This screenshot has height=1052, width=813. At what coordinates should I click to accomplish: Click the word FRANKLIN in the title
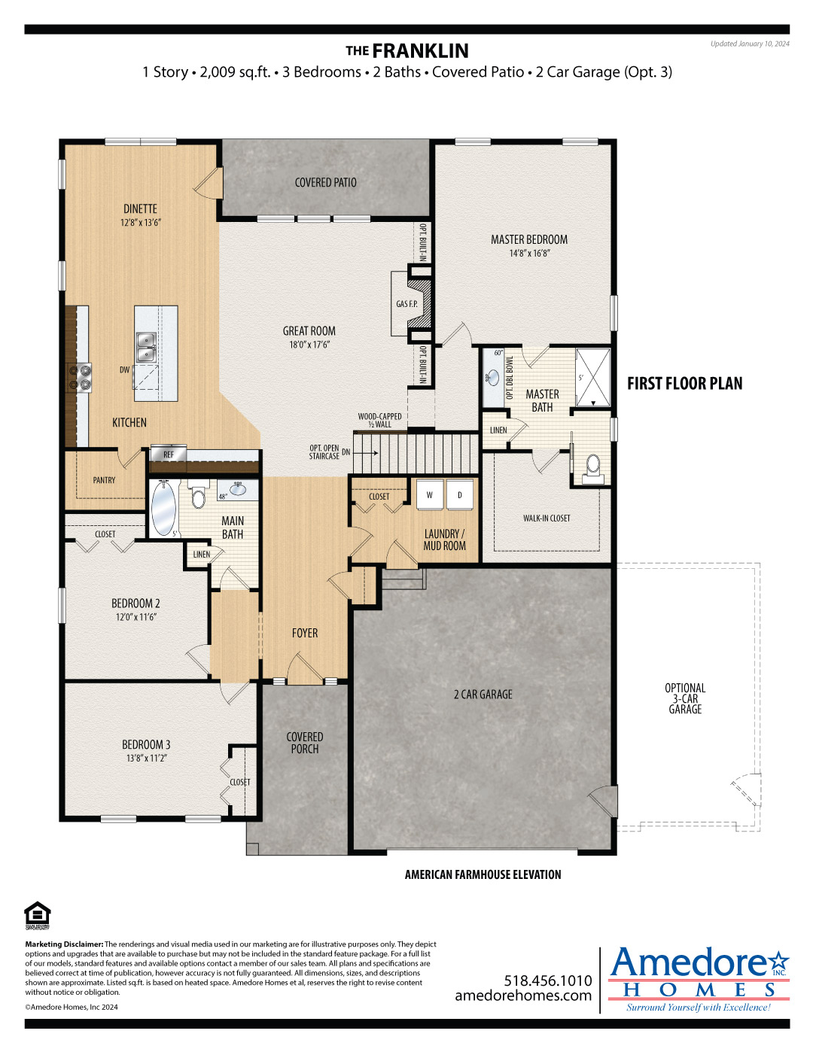click(420, 51)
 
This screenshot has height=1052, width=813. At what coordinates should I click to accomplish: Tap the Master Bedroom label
click(529, 240)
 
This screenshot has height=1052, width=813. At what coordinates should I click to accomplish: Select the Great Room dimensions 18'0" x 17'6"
click(309, 345)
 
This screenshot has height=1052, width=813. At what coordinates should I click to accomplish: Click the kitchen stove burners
click(80, 377)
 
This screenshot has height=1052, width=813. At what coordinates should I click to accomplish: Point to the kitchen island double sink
click(146, 347)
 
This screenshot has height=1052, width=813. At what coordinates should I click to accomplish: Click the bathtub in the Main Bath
click(163, 509)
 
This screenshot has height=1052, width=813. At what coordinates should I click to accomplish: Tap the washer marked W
click(430, 494)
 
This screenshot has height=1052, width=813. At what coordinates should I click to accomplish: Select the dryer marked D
click(460, 494)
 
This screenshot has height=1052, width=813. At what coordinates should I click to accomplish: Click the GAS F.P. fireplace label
click(406, 304)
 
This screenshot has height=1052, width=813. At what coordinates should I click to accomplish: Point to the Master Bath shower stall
click(593, 378)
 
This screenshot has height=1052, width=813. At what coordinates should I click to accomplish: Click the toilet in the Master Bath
click(593, 467)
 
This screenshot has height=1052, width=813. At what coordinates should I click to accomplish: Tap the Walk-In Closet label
click(547, 518)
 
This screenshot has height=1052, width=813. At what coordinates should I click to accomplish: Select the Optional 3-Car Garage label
click(685, 698)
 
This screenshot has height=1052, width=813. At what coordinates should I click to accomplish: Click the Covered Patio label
click(325, 183)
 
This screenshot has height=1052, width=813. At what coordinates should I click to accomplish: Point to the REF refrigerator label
click(169, 454)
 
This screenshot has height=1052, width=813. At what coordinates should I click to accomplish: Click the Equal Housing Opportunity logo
click(37, 916)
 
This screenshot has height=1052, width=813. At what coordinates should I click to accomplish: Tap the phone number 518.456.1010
click(548, 981)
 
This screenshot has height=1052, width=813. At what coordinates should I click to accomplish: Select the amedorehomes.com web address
click(523, 996)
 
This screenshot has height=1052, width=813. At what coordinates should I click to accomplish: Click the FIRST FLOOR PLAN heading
click(684, 384)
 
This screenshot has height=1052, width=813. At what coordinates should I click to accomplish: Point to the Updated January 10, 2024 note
click(750, 44)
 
